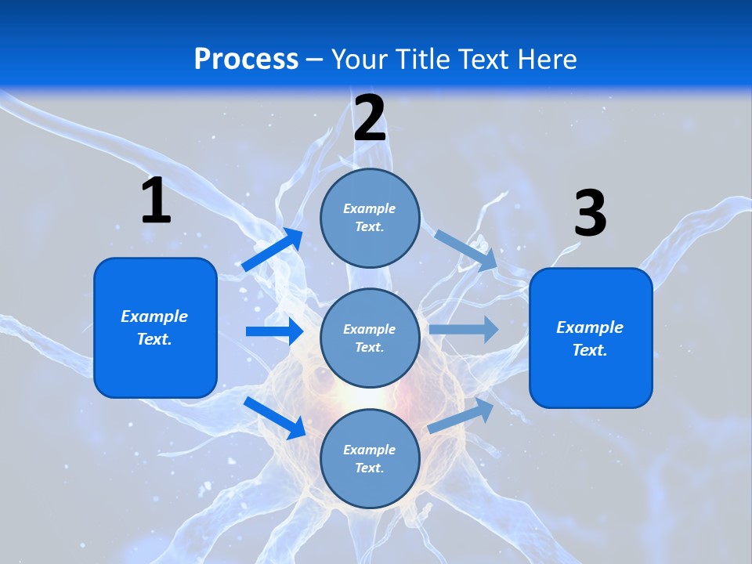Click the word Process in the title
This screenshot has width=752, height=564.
tap(246, 60)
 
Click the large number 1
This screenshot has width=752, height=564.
tap(156, 201)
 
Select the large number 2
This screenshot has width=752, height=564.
tap(370, 119)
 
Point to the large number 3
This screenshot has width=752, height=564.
tap(590, 214)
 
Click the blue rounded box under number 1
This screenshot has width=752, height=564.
tap(155, 327)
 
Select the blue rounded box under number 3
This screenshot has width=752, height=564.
tap(591, 338)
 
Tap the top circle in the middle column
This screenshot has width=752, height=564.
tap(370, 218)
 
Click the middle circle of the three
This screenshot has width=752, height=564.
tap(370, 338)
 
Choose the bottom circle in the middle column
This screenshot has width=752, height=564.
tap(370, 458)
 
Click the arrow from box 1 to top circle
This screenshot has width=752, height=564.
tap(273, 250)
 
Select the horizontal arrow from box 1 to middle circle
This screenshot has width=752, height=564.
tap(274, 331)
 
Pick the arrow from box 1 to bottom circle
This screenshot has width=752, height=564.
tap(275, 418)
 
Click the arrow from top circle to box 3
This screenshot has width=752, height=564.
tap(466, 251)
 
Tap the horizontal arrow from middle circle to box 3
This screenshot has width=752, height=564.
tap(464, 329)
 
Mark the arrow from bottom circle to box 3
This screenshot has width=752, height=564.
tap(461, 416)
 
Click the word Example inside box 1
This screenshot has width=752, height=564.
tap(154, 316)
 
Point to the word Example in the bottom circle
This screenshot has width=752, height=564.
tap(369, 450)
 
